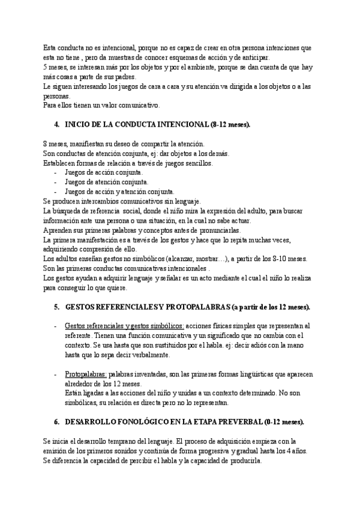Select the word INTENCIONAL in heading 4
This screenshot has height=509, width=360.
[179, 125]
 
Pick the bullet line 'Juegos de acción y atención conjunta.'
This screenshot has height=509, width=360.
[119, 191]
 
